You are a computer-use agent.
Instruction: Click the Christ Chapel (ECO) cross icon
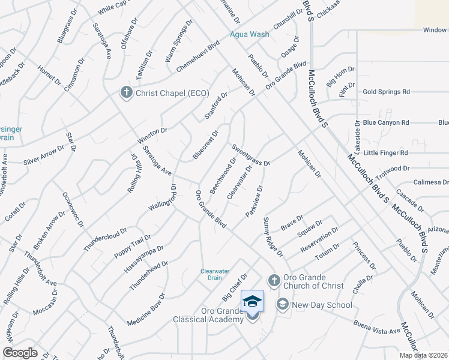(x=126, y=92)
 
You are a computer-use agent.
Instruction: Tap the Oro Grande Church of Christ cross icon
(x=273, y=280)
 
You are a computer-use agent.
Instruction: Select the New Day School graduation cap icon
(x=282, y=305)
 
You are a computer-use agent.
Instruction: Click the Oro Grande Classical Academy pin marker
(x=252, y=304)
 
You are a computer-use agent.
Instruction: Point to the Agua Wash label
(x=250, y=34)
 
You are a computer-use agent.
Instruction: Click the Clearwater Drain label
(x=215, y=274)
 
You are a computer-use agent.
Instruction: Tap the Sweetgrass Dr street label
(x=252, y=154)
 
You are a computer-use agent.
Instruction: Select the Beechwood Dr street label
(x=223, y=175)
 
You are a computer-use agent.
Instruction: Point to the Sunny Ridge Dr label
(x=273, y=238)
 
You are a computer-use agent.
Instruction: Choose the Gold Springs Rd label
(x=386, y=92)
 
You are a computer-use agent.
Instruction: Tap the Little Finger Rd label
(x=385, y=153)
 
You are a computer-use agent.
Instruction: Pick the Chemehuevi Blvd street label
(x=198, y=58)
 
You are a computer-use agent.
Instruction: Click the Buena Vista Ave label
(x=376, y=331)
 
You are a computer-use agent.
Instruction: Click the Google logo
(x=20, y=353)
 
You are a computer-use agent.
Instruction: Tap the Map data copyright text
(x=423, y=355)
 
